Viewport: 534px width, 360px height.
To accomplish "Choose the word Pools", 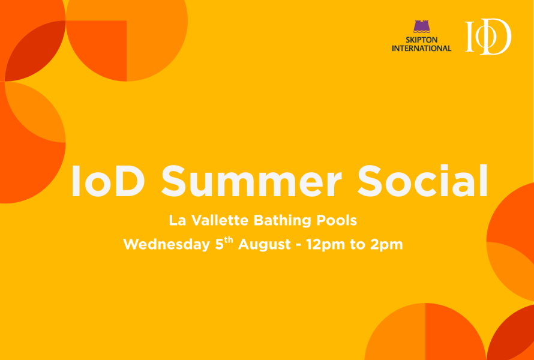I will tap(337, 220).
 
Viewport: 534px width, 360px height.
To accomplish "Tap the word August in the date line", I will tap(262, 245).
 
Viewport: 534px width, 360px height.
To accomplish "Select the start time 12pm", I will tap(323, 245).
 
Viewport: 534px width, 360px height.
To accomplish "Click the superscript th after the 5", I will tap(229, 241).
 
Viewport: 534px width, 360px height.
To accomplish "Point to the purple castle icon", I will tap(421, 27).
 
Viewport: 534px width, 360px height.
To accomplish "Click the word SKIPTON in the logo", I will tap(421, 40).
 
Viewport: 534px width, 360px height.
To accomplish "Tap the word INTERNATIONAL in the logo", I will tap(421, 48).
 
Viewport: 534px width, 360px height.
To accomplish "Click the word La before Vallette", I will tap(177, 220).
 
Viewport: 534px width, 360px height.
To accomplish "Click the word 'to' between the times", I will tap(358, 245).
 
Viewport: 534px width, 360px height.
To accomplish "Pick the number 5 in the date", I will tap(219, 245).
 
